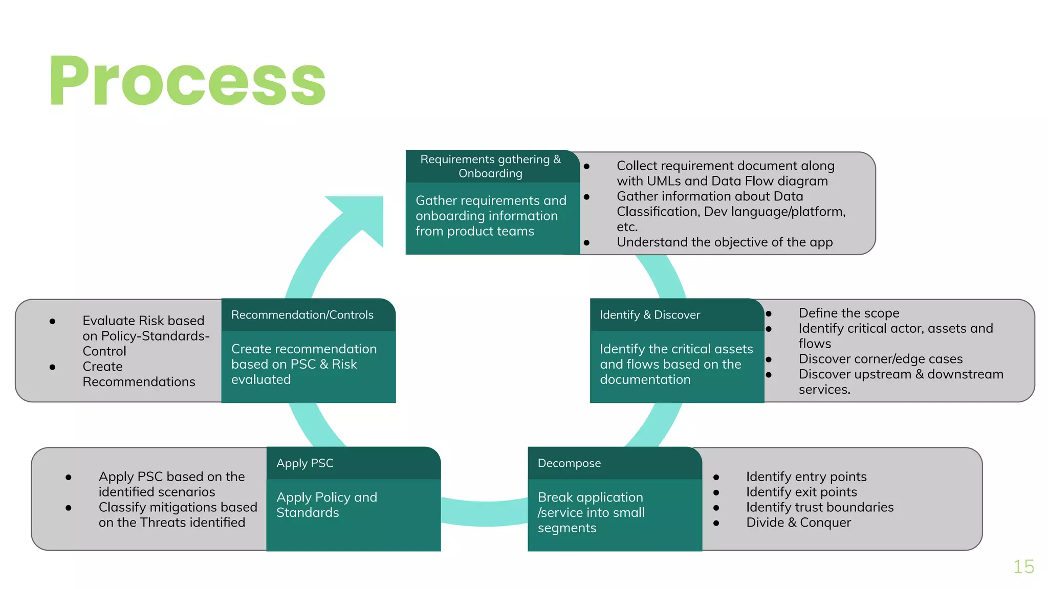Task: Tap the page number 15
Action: pos(1023,567)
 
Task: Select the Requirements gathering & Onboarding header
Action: pos(490,166)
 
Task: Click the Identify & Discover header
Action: pos(650,315)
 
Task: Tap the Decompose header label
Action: pos(569,463)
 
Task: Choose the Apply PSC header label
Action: pos(305,463)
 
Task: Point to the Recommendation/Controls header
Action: pos(302,315)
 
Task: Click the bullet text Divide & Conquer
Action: pos(798,523)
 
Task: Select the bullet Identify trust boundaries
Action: pos(820,507)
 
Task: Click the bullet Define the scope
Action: pos(849,313)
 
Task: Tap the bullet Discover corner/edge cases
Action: pos(881,359)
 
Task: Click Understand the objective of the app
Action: pos(725,242)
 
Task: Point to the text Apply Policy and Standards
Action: pos(326,505)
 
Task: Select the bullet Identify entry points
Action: pos(806,477)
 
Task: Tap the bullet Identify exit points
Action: pos(801,492)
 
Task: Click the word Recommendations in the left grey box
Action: pos(139,382)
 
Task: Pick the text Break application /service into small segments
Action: pos(591,512)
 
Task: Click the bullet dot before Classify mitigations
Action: pos(69,508)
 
